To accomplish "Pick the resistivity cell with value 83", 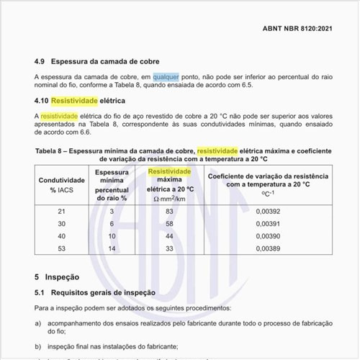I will (x=168, y=212).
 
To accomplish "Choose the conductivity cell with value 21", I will (x=60, y=212).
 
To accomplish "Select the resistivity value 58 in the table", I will (x=168, y=224).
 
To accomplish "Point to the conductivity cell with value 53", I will (x=60, y=248).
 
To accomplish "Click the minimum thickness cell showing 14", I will (x=112, y=248).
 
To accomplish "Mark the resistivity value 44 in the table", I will (x=168, y=236).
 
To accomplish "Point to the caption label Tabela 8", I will (x=53, y=150).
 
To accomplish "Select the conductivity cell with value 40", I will (x=60, y=236).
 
